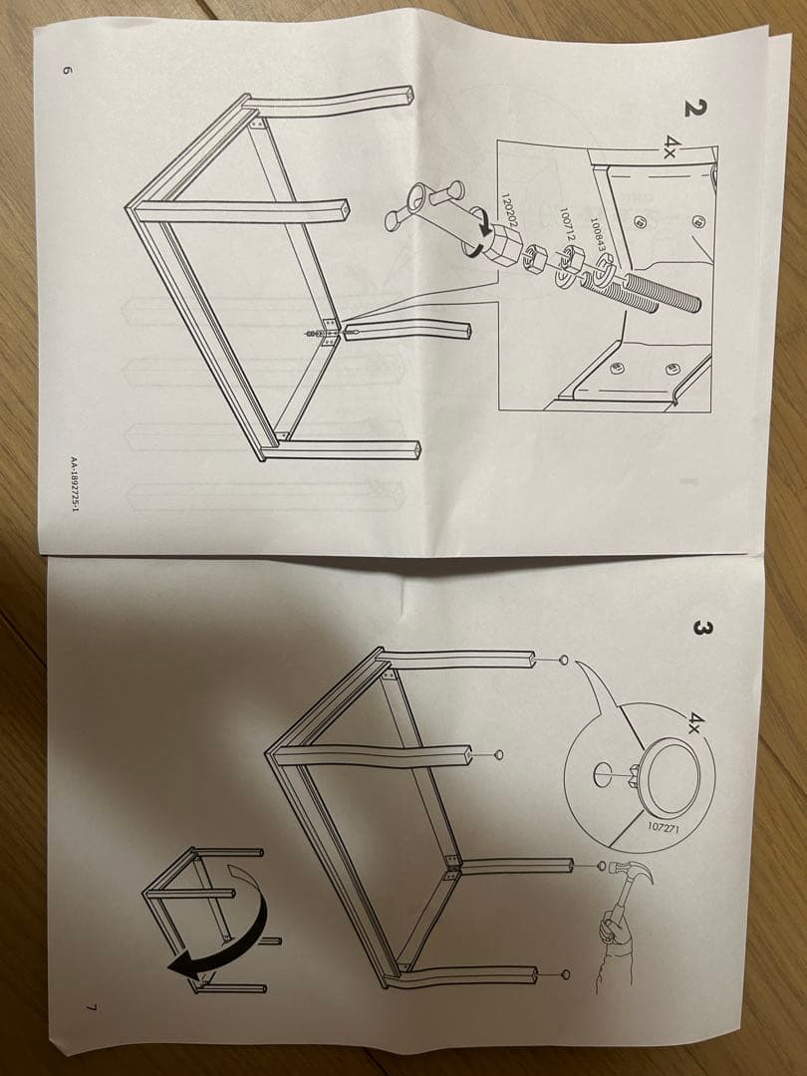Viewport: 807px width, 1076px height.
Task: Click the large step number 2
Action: click(x=694, y=109)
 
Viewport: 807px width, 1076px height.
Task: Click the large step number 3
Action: click(x=699, y=630)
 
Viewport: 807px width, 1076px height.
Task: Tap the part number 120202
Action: click(x=509, y=210)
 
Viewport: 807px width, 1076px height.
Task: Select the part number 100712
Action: click(x=566, y=224)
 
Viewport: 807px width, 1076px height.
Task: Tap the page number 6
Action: click(x=67, y=70)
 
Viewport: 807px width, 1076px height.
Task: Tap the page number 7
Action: click(x=91, y=1007)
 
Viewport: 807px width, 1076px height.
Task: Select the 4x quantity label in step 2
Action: click(x=672, y=145)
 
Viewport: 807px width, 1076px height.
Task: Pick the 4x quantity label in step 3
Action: click(x=696, y=721)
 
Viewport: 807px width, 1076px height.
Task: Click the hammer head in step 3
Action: click(x=635, y=872)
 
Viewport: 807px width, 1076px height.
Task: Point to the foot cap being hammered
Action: click(x=602, y=866)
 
